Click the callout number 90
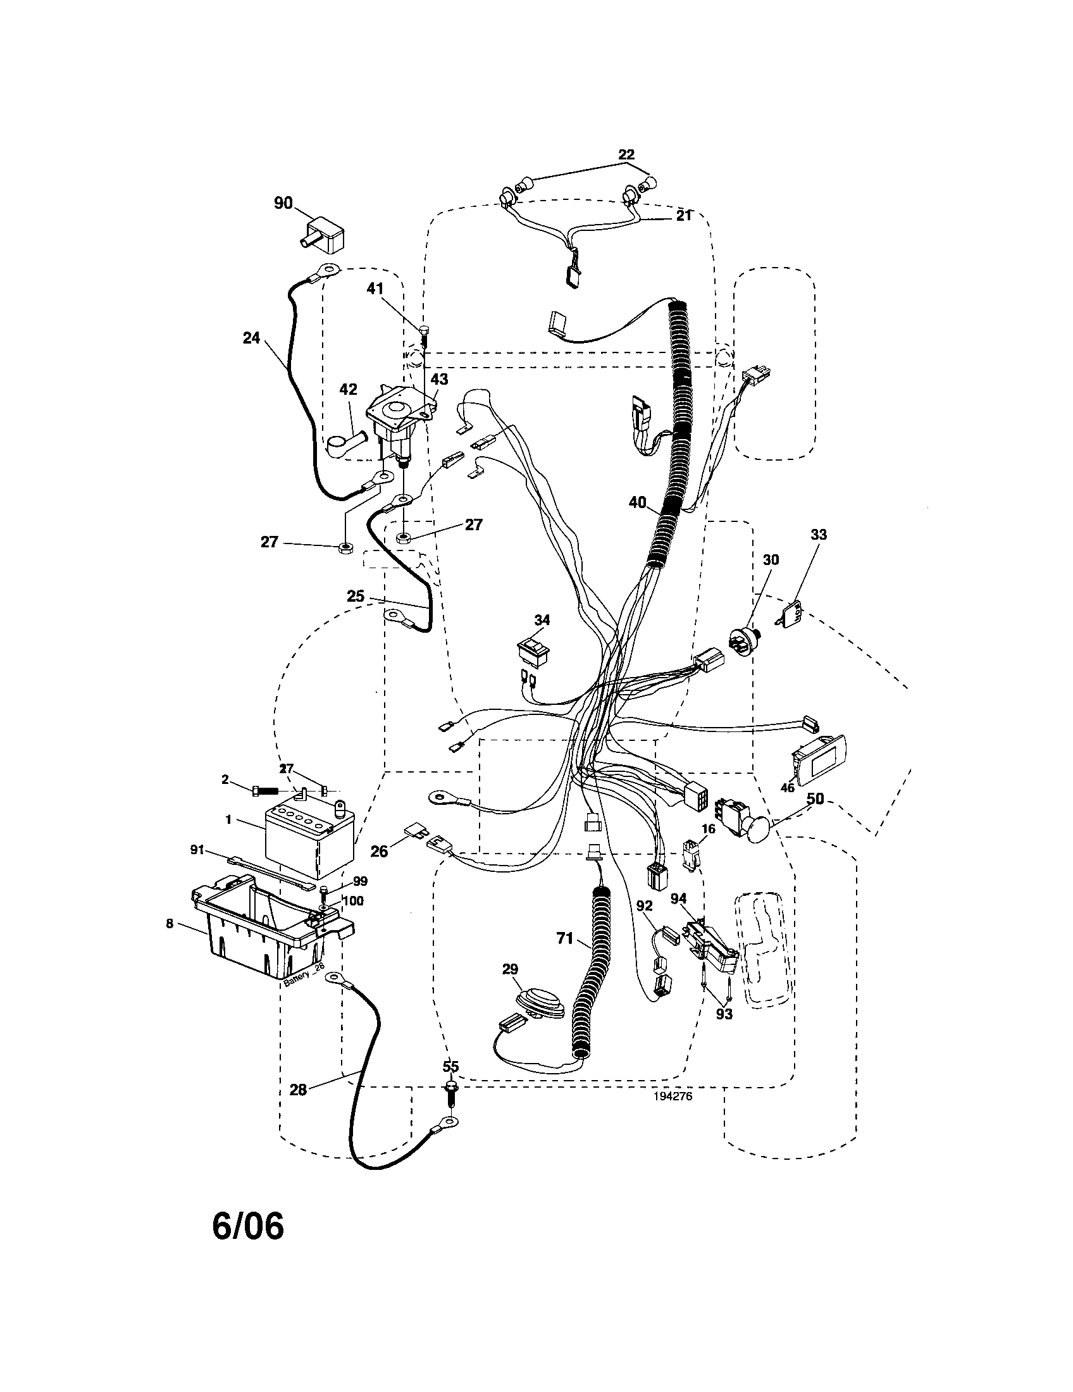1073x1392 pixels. [x=283, y=203]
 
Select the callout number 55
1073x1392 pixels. [x=450, y=1066]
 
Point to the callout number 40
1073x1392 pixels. [x=637, y=503]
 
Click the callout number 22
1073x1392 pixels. [x=626, y=154]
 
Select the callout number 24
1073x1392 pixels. [x=252, y=338]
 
